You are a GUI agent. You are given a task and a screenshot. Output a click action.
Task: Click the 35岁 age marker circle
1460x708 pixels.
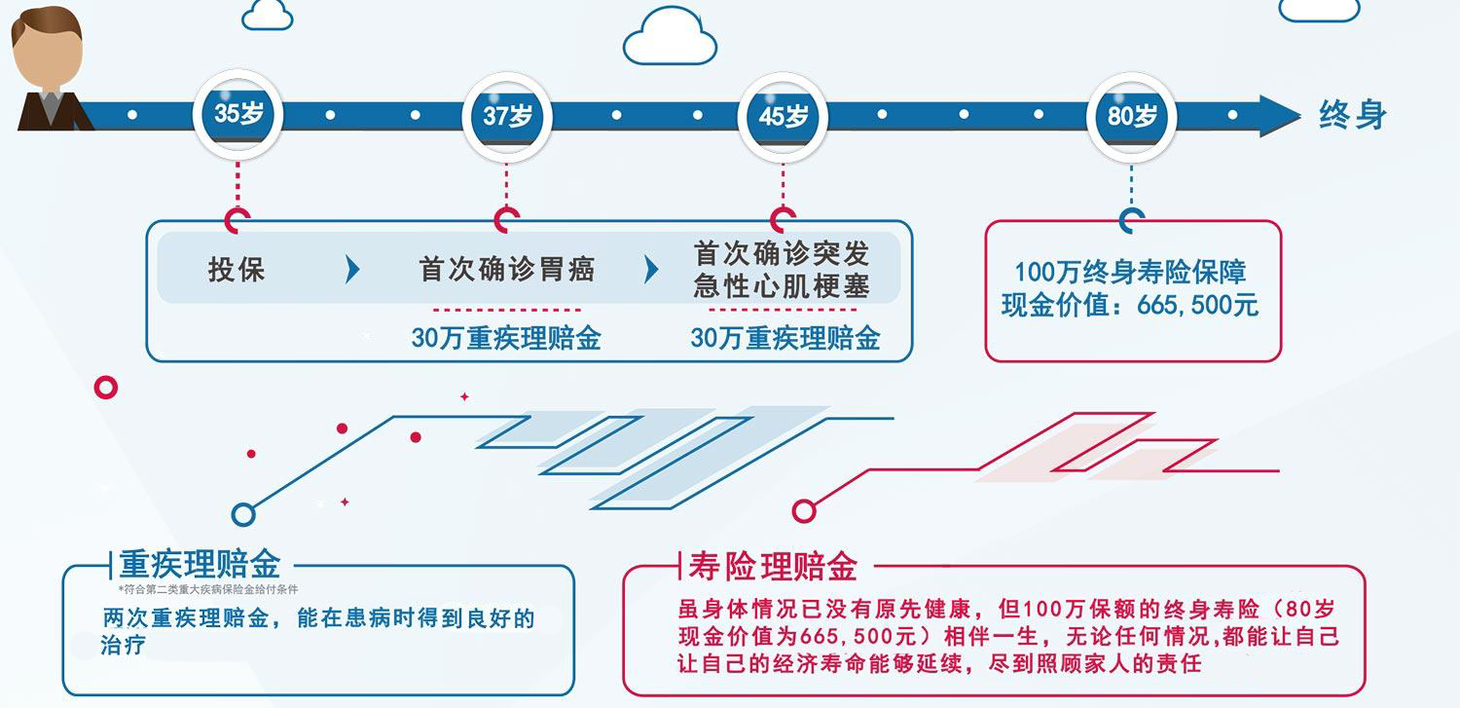[238, 116]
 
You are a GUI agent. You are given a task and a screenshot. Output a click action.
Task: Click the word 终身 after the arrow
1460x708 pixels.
[1352, 116]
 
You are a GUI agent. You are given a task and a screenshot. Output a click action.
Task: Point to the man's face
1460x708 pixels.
[47, 58]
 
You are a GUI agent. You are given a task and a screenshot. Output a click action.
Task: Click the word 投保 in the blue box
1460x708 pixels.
[237, 269]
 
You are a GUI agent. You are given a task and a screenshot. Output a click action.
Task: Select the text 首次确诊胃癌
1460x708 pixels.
[507, 269]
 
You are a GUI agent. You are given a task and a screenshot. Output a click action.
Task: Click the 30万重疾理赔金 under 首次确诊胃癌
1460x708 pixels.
[506, 338]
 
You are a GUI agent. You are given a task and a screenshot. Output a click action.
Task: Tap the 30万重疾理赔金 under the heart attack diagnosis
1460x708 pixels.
[785, 338]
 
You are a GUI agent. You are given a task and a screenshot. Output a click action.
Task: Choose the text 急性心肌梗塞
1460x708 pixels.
[782, 285]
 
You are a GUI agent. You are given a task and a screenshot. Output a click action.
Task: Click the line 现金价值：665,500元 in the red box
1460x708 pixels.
[1130, 305]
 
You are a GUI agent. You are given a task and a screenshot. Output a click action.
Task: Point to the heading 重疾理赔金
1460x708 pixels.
[200, 564]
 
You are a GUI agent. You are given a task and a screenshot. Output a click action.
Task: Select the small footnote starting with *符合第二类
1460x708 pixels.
[208, 589]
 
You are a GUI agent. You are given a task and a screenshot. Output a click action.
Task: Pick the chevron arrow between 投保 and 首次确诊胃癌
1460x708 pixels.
[352, 270]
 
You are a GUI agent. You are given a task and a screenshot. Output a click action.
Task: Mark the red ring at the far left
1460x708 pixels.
[106, 388]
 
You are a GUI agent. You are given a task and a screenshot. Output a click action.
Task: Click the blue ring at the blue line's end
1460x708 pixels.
[243, 514]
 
